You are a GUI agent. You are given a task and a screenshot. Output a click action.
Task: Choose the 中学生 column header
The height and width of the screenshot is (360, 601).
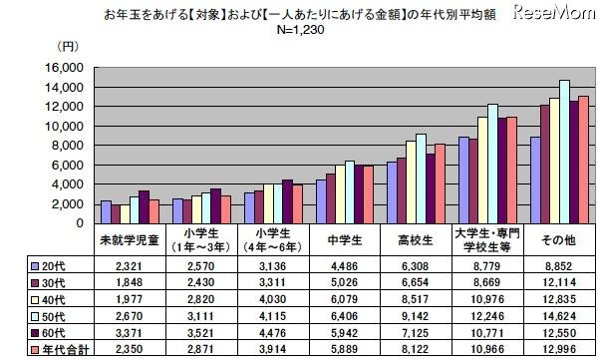(x=339, y=239)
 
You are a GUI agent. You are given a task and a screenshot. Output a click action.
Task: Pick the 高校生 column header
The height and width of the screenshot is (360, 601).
(x=411, y=239)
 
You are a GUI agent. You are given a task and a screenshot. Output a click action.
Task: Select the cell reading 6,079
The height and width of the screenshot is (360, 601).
(x=339, y=299)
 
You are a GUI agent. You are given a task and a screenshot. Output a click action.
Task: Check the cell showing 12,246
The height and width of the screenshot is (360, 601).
(x=482, y=316)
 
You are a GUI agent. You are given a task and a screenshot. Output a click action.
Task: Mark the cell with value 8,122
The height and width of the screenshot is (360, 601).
(x=411, y=352)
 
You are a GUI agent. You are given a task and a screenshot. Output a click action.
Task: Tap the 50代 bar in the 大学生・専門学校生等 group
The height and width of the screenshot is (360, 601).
(x=492, y=164)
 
